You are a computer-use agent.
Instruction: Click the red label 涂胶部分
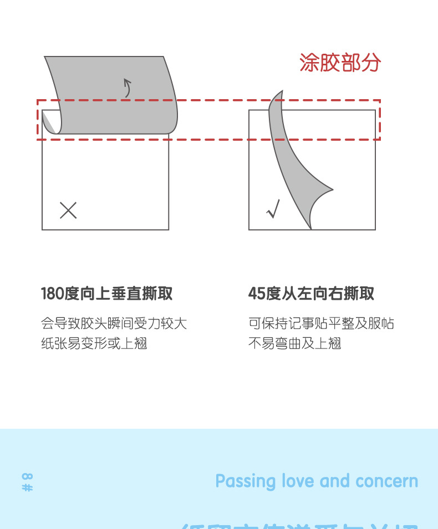click(340, 63)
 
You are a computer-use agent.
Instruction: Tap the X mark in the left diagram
click(68, 210)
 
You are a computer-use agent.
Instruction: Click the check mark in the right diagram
click(273, 209)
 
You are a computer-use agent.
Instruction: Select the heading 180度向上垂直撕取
click(107, 294)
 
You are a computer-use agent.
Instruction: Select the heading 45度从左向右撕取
click(311, 294)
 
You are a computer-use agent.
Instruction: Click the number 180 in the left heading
click(53, 294)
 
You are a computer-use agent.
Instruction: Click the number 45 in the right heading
click(257, 294)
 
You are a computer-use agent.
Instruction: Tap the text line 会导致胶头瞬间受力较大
click(114, 323)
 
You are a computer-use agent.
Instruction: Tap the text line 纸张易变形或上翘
click(94, 343)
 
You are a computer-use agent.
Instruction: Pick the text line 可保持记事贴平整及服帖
click(321, 323)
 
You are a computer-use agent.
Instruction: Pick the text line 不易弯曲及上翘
click(294, 343)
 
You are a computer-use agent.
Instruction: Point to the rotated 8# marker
click(27, 482)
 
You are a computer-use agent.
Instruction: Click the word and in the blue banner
click(335, 481)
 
